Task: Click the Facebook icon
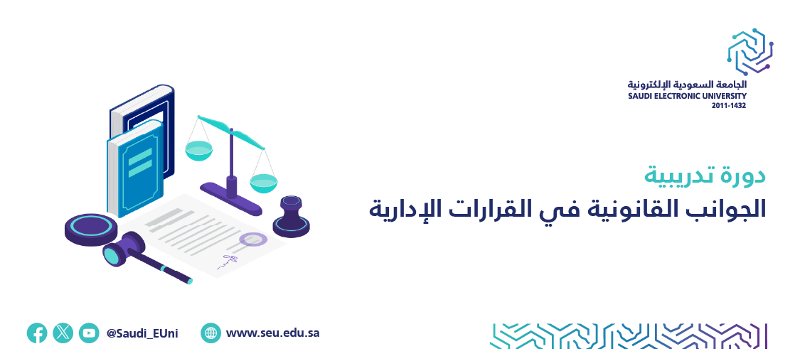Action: point(37,333)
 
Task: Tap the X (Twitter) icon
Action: point(63,333)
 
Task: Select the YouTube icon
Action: point(89,333)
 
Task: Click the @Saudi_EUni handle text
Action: point(142,333)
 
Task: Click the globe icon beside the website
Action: point(210,333)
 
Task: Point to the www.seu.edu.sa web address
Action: point(272,333)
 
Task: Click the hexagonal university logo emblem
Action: point(750,51)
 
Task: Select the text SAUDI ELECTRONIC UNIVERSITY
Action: point(687,96)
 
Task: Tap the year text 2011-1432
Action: point(729,106)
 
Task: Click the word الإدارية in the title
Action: point(396,210)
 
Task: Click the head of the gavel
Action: point(123,248)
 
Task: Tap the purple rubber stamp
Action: point(292,217)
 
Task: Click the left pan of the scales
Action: point(198,151)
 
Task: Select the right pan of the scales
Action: point(263,183)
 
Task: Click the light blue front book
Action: point(135,168)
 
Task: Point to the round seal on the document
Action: point(253,239)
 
